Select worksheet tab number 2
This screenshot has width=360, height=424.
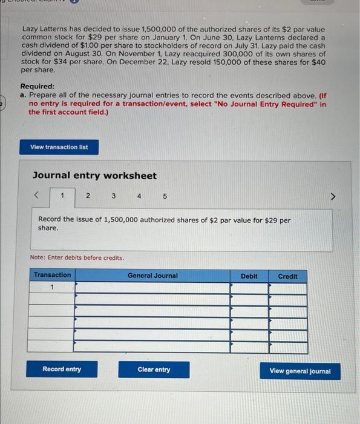pyautogui.click(x=88, y=196)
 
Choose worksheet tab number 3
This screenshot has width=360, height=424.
pyautogui.click(x=113, y=196)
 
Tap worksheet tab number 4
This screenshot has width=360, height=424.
pyautogui.click(x=139, y=196)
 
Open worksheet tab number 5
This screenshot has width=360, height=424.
pyautogui.click(x=165, y=196)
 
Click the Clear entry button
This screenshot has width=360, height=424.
pyautogui.click(x=154, y=369)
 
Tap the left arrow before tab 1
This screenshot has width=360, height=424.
pyautogui.click(x=38, y=196)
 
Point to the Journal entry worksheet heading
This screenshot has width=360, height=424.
pyautogui.click(x=94, y=176)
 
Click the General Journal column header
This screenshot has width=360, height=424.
pyautogui.click(x=152, y=276)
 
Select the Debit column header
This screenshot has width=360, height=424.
pyautogui.click(x=249, y=276)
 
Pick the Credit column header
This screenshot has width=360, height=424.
pyautogui.click(x=287, y=276)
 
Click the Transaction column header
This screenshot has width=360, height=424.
pyautogui.click(x=52, y=275)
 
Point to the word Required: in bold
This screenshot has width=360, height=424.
pyautogui.click(x=37, y=87)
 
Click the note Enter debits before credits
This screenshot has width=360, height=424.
pyautogui.click(x=77, y=257)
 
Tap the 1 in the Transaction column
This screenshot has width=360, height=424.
pyautogui.click(x=52, y=287)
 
